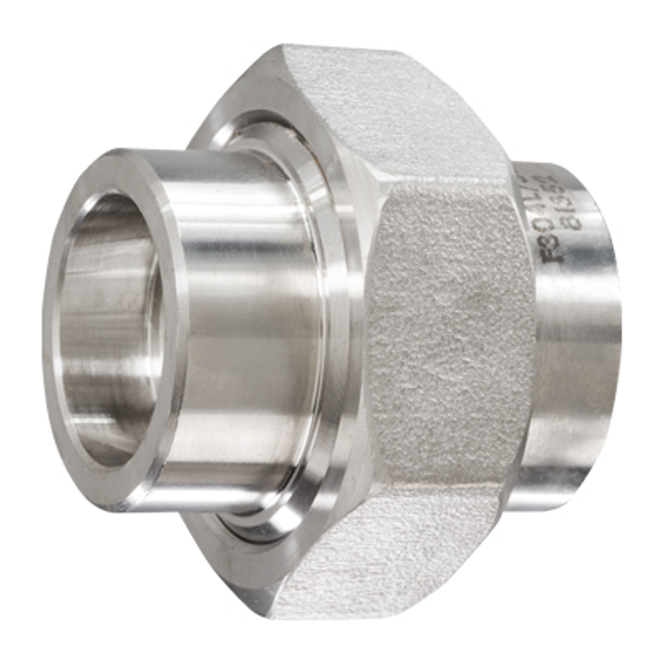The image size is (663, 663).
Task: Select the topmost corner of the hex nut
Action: click(x=290, y=47)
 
